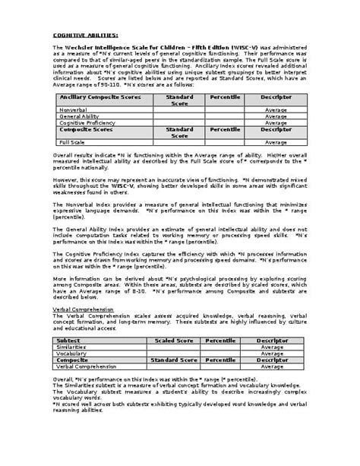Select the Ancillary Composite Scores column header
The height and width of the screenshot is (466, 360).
93,98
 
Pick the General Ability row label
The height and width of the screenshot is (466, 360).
78,116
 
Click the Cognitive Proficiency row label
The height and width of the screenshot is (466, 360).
85,122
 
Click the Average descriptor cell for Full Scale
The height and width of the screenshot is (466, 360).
276,141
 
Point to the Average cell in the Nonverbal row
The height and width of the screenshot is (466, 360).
276,109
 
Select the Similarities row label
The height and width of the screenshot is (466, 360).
72,347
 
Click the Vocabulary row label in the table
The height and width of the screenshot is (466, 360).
72,353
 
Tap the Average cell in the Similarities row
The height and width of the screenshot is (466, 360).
272,347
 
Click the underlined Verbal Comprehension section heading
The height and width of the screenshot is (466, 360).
83,309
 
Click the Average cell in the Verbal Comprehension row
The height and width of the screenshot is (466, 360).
272,366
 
